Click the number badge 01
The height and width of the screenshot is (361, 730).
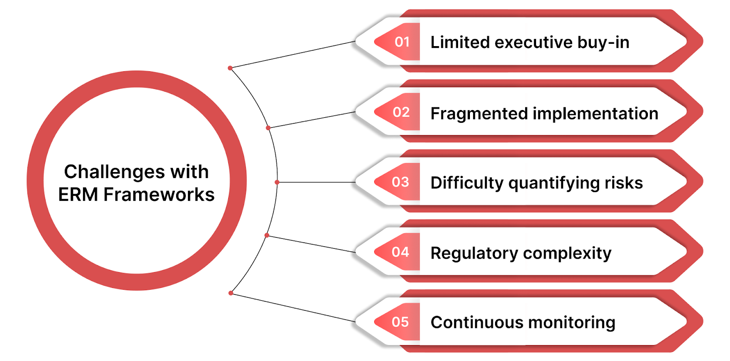click(401, 42)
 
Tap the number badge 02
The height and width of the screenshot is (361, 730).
click(401, 112)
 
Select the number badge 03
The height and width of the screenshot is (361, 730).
click(401, 182)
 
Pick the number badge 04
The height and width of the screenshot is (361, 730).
click(400, 252)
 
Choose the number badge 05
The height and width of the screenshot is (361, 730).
click(400, 322)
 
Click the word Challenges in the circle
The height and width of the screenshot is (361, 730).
click(114, 172)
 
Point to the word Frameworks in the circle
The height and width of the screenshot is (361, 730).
click(159, 194)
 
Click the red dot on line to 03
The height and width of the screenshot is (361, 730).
click(277, 182)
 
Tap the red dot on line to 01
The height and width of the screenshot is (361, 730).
click(230, 68)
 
